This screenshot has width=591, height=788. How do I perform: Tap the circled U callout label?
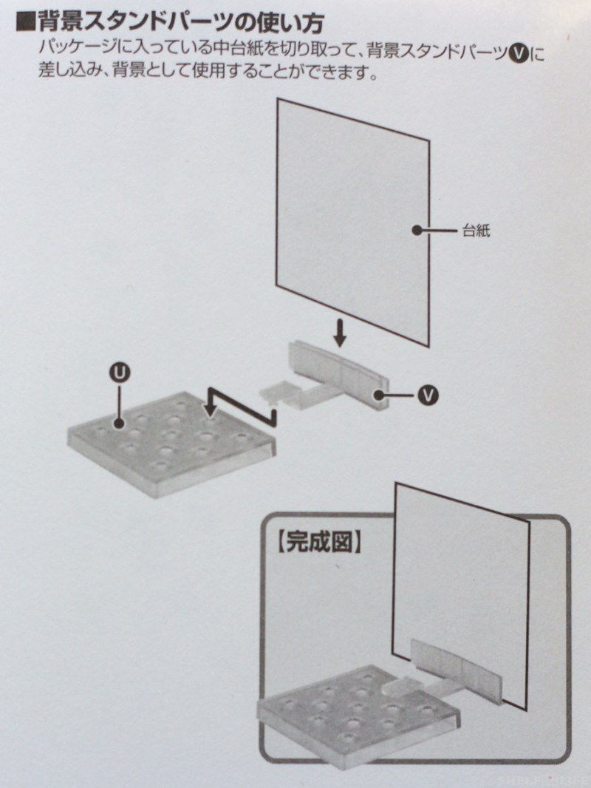point(120,373)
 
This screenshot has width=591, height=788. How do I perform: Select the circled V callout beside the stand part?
point(428,395)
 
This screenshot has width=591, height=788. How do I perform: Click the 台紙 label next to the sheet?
point(476,231)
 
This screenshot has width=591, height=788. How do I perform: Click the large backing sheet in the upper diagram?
point(352,221)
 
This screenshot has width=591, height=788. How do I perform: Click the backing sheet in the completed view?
point(460,593)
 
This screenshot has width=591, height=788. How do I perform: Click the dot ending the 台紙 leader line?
point(416,230)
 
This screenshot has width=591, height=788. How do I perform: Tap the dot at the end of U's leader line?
point(119,424)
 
